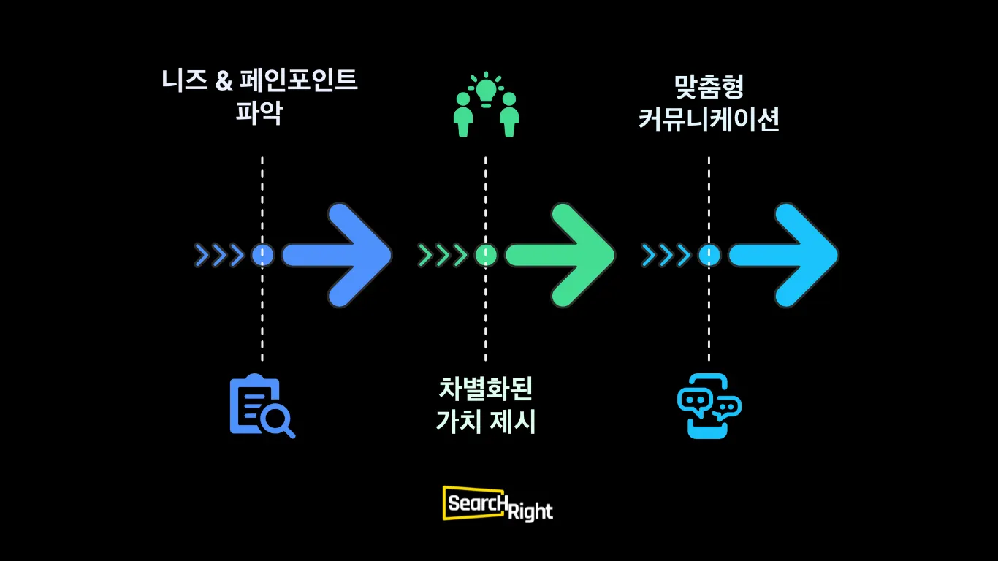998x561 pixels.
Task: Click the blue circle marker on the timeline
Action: pos(262,255)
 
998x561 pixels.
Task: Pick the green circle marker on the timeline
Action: pos(486,255)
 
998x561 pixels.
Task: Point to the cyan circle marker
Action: pos(709,255)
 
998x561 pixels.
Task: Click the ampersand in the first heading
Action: pos(224,80)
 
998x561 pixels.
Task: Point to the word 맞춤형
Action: pos(709,87)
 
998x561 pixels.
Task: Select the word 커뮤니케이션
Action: pos(709,120)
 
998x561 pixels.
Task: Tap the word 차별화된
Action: pos(486,388)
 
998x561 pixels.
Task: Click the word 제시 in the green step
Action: pos(514,421)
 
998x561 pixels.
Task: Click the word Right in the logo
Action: pos(530,511)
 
